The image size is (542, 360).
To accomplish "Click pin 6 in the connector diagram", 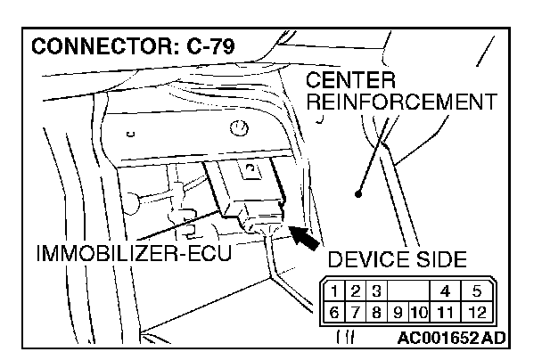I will pyautogui.click(x=332, y=312).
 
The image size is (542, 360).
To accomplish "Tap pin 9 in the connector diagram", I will pyautogui.click(x=398, y=312).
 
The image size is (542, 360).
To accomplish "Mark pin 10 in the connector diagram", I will pyautogui.click(x=418, y=312).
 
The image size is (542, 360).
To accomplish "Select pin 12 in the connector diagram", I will pyautogui.click(x=477, y=312).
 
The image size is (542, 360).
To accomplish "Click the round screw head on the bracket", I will pyautogui.click(x=238, y=129).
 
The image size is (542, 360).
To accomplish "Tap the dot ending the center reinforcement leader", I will pyautogui.click(x=358, y=192).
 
